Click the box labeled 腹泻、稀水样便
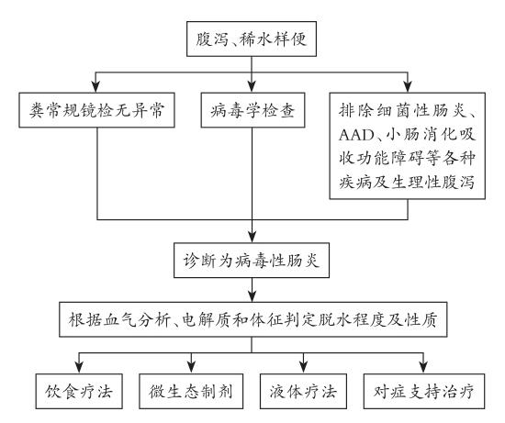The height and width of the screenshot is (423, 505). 252,39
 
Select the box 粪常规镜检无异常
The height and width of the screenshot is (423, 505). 97,110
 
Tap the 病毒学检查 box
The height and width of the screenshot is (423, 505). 252,110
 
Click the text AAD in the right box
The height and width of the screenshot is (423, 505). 356,135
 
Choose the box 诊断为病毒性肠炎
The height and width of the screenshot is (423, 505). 252,260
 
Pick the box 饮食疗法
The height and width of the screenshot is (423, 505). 79,391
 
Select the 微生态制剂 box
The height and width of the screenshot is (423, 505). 191,391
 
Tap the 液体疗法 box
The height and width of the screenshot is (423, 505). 303,391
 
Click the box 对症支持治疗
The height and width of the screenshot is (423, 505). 424,391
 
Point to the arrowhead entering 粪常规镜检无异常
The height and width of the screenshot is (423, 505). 95,86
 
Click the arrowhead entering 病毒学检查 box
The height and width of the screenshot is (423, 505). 252,86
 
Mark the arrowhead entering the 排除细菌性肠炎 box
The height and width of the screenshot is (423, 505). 408,86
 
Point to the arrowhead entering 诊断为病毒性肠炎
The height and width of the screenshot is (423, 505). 252,237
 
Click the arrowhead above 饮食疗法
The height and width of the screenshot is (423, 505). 79,368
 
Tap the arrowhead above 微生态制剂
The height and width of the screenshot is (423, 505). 192,368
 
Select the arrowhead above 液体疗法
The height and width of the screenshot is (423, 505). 303,368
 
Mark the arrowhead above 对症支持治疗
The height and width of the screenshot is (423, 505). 423,368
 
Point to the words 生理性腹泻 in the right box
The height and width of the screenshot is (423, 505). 432,183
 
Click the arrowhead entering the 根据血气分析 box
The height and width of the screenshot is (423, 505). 252,295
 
